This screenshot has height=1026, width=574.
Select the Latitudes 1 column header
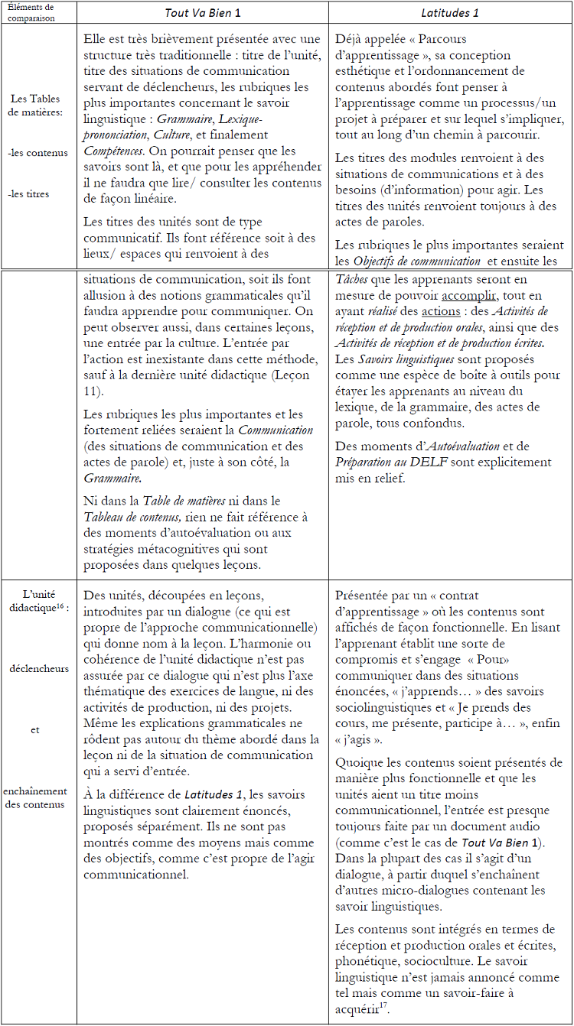coord(449,13)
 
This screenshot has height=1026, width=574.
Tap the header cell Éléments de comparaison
coord(38,12)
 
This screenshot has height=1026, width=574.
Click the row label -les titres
coord(28,193)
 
